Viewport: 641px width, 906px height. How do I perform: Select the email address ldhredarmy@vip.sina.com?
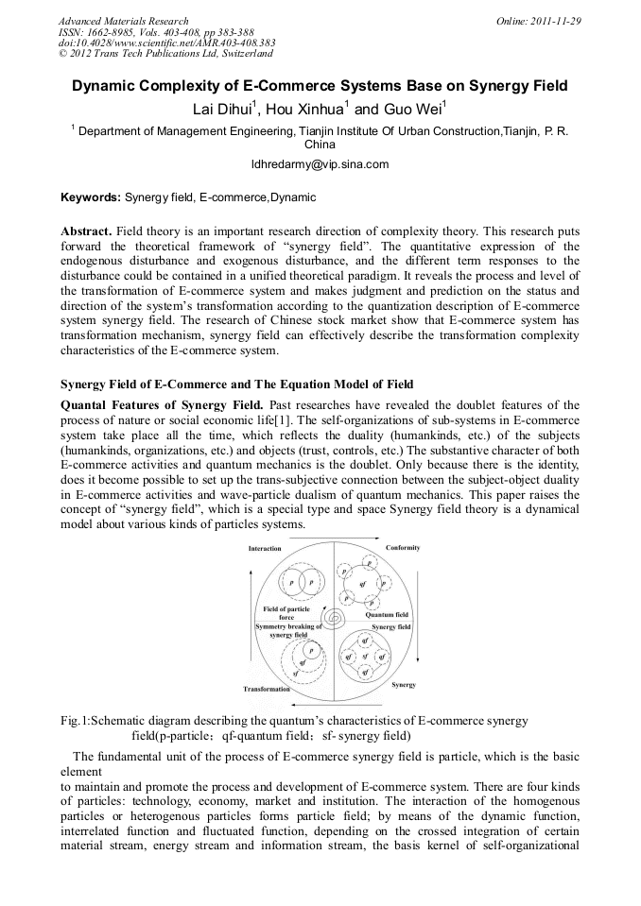coord(320,163)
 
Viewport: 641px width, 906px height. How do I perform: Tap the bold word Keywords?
coord(90,197)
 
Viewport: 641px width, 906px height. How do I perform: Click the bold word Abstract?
coord(86,231)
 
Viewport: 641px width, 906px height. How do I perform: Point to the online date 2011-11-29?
coord(556,21)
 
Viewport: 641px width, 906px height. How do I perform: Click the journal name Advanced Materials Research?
coord(123,21)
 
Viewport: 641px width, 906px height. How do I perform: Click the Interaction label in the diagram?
coord(265,549)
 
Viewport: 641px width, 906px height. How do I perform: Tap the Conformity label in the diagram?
coord(403,548)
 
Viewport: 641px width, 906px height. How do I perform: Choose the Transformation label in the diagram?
coord(267,689)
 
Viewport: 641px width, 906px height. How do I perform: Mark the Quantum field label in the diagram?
coord(387,614)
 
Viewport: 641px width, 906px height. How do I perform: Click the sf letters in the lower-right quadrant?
coord(365,655)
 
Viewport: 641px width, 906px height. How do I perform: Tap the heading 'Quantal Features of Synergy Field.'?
coord(162,405)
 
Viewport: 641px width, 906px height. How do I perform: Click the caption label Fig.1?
coord(74,721)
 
